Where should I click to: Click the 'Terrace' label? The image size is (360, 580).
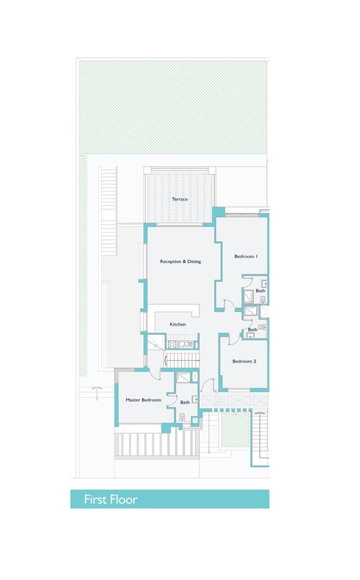coord(179,199)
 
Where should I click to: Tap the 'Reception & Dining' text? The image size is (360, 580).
coord(180,262)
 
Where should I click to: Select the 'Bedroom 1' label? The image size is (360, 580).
coord(246,257)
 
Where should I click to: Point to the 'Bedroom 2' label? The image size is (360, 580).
coord(245,361)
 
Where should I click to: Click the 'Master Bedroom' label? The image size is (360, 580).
coord(143,400)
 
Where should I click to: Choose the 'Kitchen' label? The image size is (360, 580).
coord(178,324)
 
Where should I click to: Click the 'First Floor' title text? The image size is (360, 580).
coord(111,500)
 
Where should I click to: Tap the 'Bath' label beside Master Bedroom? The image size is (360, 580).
coord(185,402)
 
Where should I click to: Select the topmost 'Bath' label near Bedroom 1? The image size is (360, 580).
coord(260,291)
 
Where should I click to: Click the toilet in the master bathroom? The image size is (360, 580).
coord(182,417)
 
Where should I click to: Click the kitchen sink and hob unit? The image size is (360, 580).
coord(179,344)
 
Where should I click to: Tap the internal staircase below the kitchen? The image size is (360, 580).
coord(182,360)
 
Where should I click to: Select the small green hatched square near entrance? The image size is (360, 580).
coord(235,430)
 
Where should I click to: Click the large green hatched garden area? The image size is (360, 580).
coord(173,106)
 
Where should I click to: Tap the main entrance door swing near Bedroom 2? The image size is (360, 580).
coord(207,385)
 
